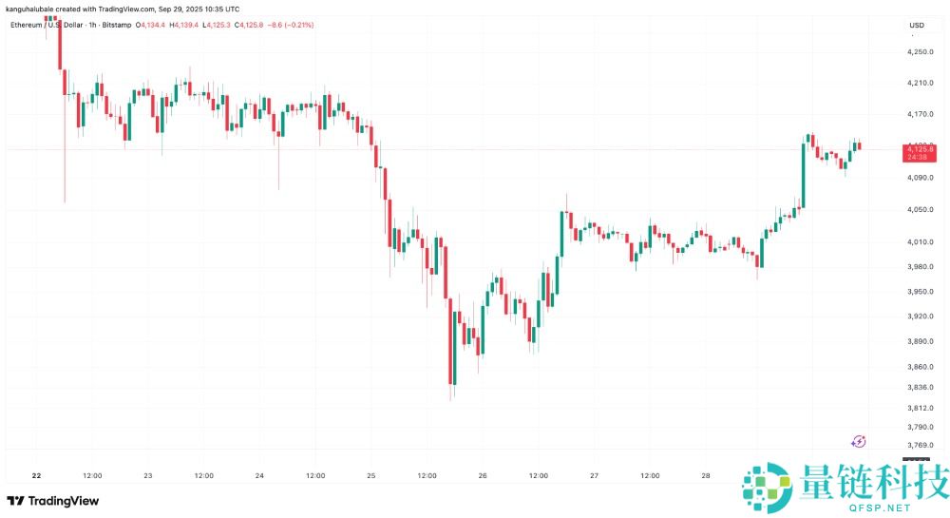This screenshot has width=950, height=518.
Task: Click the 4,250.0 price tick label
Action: coord(920,51)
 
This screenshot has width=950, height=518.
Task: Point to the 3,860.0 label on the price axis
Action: coord(920,367)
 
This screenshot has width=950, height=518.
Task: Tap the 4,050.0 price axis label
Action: coord(920,210)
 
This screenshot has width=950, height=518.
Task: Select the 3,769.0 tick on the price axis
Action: coord(920,445)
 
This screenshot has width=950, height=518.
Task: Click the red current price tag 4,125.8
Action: coord(920,150)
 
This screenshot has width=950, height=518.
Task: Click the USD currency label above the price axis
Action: coord(917,25)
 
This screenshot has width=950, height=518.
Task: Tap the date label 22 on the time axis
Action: coord(36,475)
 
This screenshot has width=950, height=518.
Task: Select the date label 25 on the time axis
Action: coord(371,475)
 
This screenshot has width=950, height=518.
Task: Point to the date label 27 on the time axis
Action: coord(595,475)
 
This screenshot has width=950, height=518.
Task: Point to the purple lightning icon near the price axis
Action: coord(859,441)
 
